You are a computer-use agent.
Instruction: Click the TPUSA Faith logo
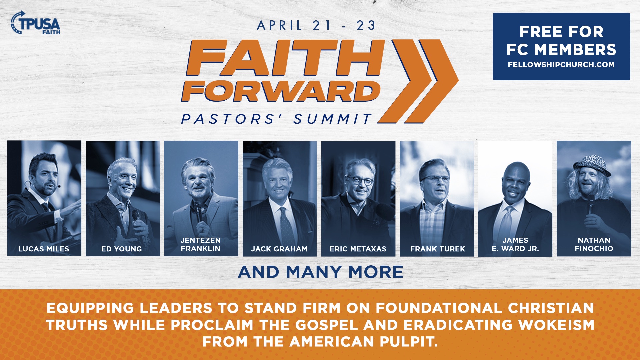click(x=36, y=23)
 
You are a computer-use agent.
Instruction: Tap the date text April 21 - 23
click(x=316, y=25)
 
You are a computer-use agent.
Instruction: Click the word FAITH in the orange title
click(x=285, y=58)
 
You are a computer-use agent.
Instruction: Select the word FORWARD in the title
click(x=281, y=91)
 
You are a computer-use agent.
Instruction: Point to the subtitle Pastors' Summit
click(x=276, y=119)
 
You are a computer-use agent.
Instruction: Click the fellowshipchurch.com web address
click(x=561, y=65)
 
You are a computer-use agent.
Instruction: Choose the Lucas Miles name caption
click(x=44, y=249)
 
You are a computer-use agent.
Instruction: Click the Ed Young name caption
click(x=122, y=249)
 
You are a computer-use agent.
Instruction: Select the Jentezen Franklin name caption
click(x=201, y=244)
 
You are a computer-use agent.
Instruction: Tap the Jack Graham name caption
click(x=279, y=249)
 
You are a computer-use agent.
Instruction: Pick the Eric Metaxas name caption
click(x=358, y=249)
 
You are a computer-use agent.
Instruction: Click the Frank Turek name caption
click(x=437, y=249)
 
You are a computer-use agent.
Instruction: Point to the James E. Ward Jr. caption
click(x=515, y=244)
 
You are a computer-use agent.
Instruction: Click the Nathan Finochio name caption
click(x=594, y=244)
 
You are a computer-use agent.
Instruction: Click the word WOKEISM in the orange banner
click(x=556, y=325)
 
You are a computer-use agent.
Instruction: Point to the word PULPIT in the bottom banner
click(x=408, y=342)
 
